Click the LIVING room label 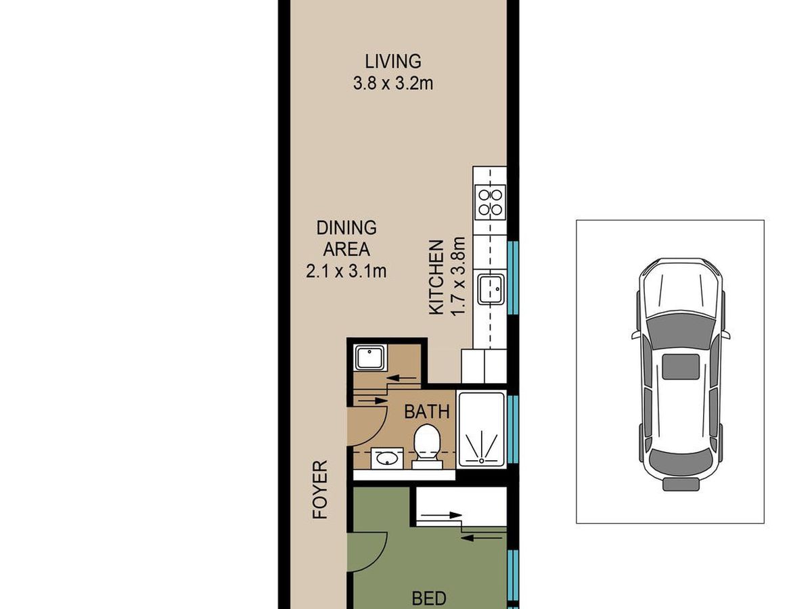pyautogui.click(x=393, y=62)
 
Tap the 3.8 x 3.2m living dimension pyautogui.click(x=393, y=83)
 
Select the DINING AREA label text pyautogui.click(x=346, y=238)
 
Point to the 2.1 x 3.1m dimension pyautogui.click(x=346, y=271)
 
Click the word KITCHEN pyautogui.click(x=436, y=277)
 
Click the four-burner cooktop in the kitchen pyautogui.click(x=490, y=202)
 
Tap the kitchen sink pyautogui.click(x=491, y=289)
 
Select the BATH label pyautogui.click(x=426, y=411)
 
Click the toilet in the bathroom pyautogui.click(x=427, y=447)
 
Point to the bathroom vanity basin pyautogui.click(x=387, y=459)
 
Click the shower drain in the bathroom pyautogui.click(x=481, y=461)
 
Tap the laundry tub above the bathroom pyautogui.click(x=370, y=357)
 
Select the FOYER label pyautogui.click(x=320, y=489)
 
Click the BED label pyautogui.click(x=429, y=598)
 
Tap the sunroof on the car pyautogui.click(x=681, y=367)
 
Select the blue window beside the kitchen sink pyautogui.click(x=513, y=277)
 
